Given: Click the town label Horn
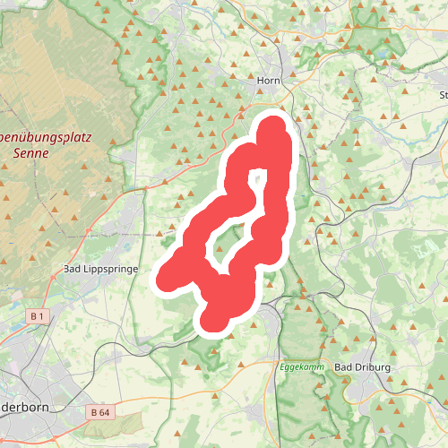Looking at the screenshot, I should tap(270, 81).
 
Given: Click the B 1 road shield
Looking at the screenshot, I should tap(37, 316).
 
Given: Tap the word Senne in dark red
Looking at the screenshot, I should tap(32, 152).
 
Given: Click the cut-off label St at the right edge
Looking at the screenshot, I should tap(443, 94).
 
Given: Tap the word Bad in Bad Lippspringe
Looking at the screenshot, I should tap(73, 269).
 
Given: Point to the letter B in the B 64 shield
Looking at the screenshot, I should tap(94, 411).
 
